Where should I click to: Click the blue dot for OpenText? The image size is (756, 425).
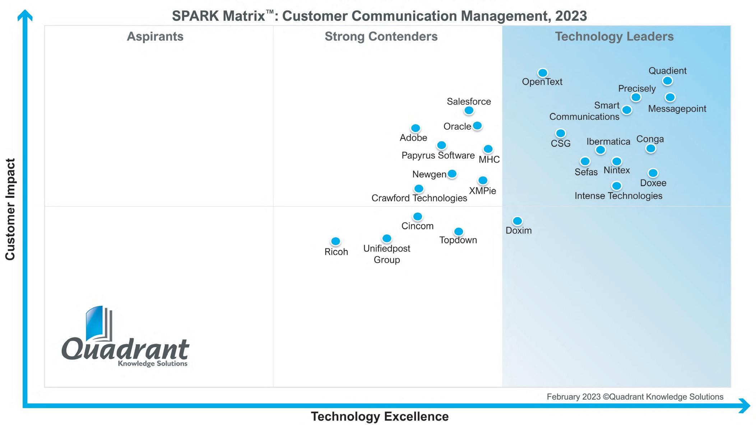[542, 73]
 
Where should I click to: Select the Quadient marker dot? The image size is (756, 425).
[667, 81]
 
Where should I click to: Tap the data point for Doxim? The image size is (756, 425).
[517, 221]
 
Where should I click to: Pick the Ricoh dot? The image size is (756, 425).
[335, 241]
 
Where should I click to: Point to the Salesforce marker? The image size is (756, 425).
[469, 111]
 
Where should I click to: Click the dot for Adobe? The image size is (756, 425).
[416, 128]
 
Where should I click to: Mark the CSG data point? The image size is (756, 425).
[560, 134]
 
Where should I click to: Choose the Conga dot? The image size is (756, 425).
[650, 148]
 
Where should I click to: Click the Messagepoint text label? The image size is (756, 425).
[677, 109]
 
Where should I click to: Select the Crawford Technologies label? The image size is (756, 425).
[419, 198]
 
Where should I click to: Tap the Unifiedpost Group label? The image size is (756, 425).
[387, 254]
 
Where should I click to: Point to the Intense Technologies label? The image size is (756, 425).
[618, 196]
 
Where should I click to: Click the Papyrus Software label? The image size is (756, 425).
[438, 155]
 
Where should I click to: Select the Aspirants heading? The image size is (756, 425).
[155, 37]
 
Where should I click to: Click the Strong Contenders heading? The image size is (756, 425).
[381, 37]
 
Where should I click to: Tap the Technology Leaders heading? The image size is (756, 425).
[614, 37]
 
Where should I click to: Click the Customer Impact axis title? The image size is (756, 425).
[10, 209]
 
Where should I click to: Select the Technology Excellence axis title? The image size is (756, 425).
[380, 416]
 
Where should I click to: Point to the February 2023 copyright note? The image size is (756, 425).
[635, 397]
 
